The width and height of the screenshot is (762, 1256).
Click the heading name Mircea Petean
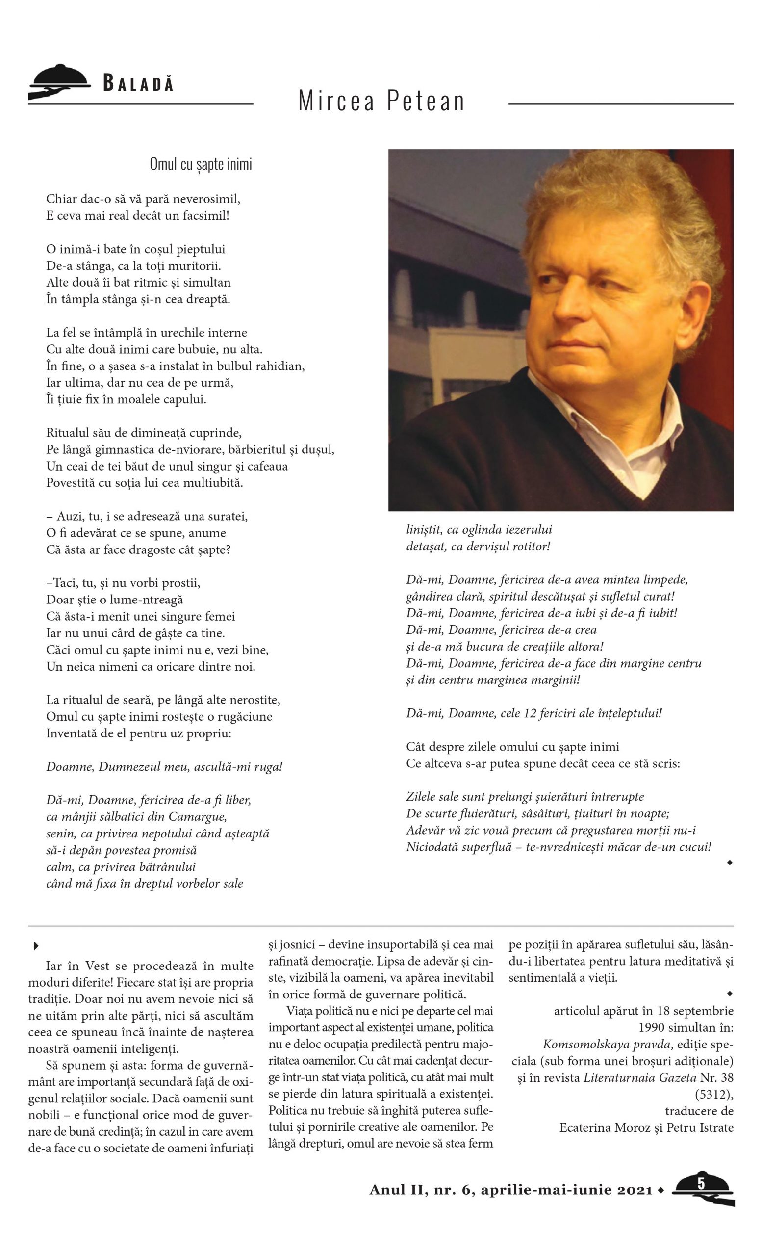(381, 101)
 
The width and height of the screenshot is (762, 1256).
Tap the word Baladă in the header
(138, 83)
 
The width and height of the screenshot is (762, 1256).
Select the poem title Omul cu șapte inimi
(201, 164)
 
